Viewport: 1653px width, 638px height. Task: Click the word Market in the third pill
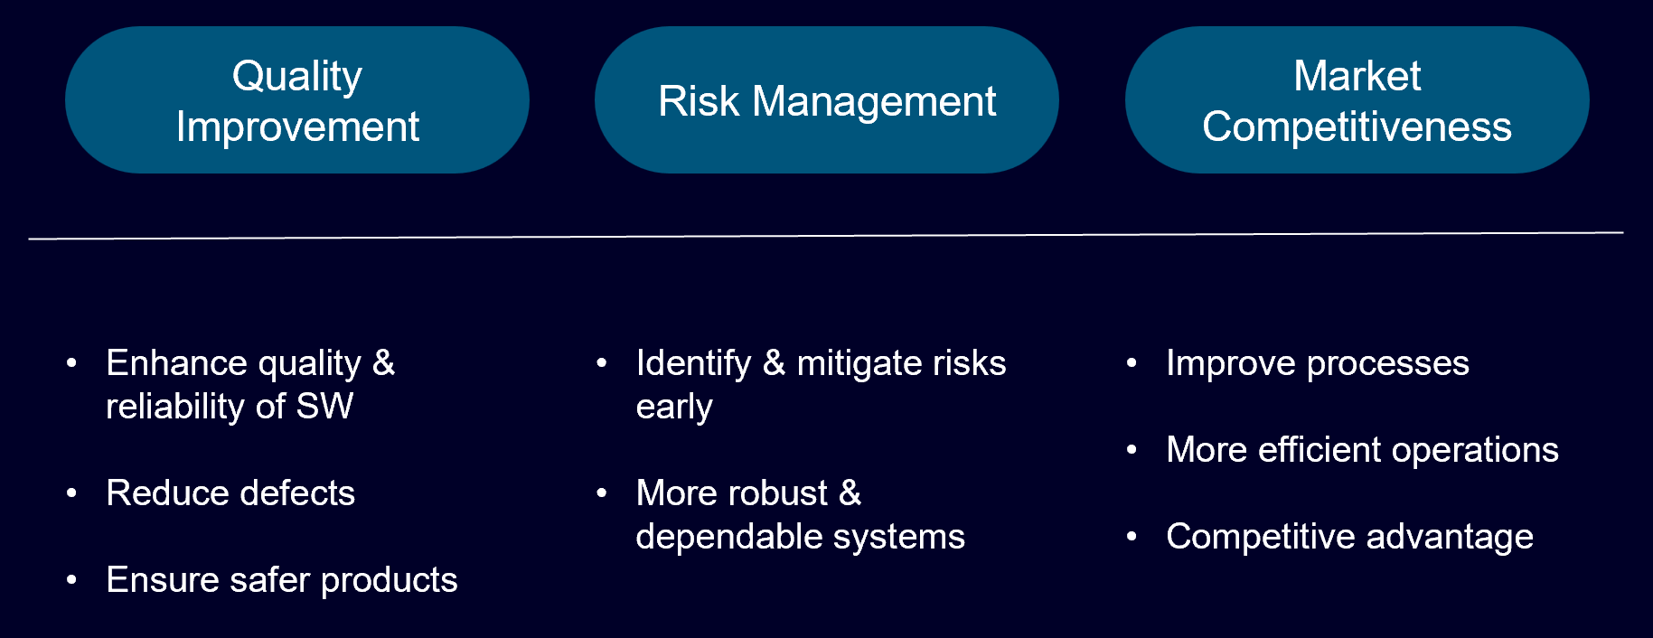point(1357,76)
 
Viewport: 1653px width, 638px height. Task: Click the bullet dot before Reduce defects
point(71,493)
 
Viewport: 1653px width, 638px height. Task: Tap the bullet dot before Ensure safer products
point(71,580)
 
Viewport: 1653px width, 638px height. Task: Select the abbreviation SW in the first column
point(325,407)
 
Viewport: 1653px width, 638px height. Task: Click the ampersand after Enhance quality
point(384,363)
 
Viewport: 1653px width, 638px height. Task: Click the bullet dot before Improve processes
point(1132,363)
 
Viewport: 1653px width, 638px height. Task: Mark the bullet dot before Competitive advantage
point(1132,537)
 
